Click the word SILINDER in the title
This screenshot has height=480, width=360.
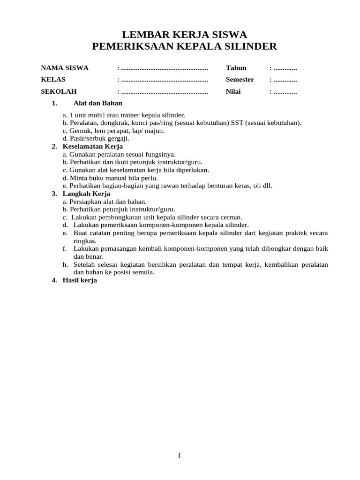(x=252, y=46)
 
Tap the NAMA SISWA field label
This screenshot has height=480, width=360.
(x=65, y=68)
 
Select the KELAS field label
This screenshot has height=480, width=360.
(x=53, y=79)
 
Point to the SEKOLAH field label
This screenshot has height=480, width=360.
(x=59, y=91)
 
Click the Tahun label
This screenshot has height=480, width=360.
(x=236, y=68)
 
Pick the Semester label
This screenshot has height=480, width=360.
(x=240, y=79)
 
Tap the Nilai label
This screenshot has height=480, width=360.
(x=233, y=91)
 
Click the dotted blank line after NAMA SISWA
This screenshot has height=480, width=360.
(x=165, y=68)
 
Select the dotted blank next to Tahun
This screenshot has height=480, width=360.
(x=285, y=68)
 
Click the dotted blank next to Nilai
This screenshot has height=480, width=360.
(x=285, y=92)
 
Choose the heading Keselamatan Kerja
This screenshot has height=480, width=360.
(x=93, y=147)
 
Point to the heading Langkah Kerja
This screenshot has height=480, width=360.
(x=87, y=194)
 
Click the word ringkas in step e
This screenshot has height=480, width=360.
(x=84, y=241)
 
